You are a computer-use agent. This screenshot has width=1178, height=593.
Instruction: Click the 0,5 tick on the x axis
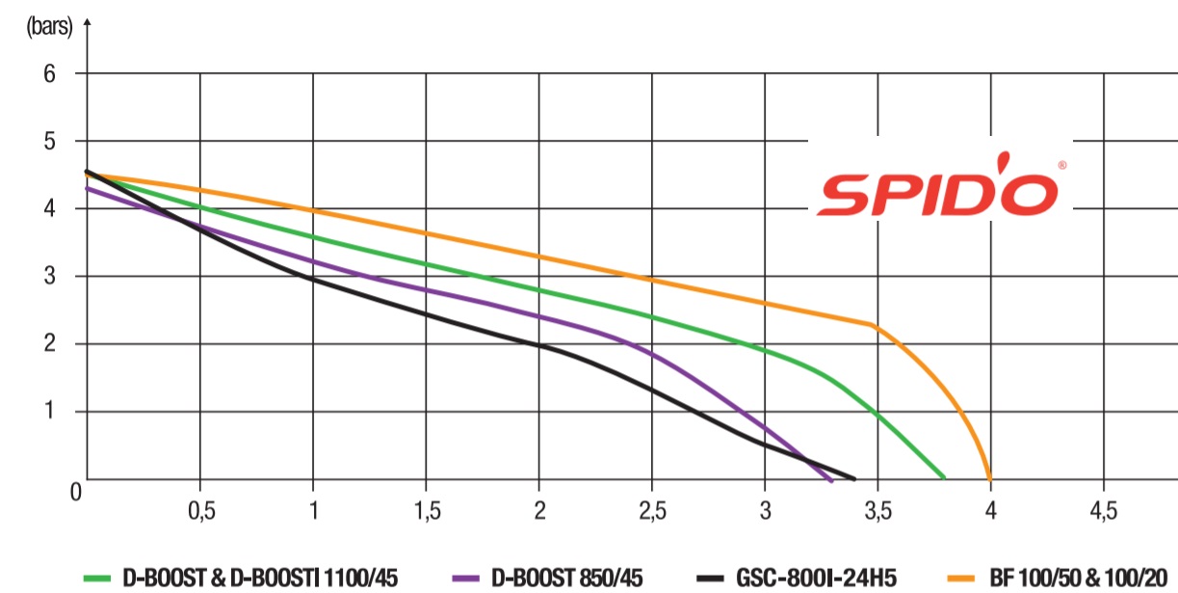tap(200, 509)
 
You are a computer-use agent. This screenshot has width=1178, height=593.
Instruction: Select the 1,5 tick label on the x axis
tap(426, 509)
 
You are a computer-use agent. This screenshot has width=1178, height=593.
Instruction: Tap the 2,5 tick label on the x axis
tap(652, 509)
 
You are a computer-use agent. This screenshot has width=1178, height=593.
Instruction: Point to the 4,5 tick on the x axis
tap(1103, 509)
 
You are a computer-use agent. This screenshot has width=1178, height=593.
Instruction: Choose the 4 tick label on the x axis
tap(990, 509)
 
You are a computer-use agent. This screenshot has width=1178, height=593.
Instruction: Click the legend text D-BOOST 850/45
tap(567, 578)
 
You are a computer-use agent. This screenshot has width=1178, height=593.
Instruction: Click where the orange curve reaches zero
tap(989, 477)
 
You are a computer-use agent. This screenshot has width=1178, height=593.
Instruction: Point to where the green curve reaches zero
tap(944, 477)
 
